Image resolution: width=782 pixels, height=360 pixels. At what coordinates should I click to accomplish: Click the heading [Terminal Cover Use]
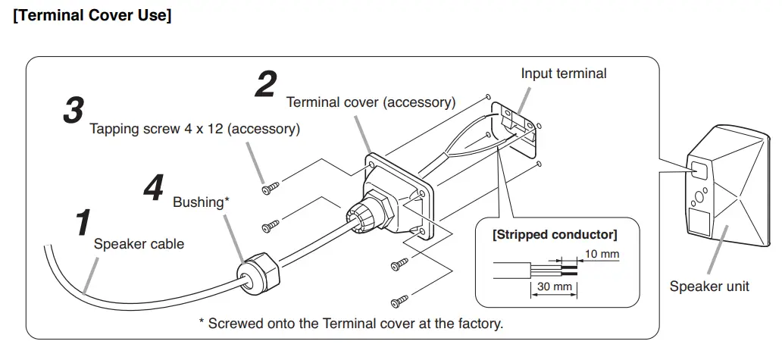(x=92, y=16)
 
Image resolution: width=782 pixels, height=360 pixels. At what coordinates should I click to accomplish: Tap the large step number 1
(x=83, y=223)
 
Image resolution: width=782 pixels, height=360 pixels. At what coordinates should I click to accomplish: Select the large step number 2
(x=265, y=84)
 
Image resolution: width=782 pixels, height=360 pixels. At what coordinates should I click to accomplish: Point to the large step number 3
(x=73, y=111)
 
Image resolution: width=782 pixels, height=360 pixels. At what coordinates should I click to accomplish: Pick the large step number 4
(x=153, y=188)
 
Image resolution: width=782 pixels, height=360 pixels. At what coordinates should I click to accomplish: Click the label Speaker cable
(x=139, y=244)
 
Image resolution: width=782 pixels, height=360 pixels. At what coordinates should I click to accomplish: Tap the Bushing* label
(x=201, y=202)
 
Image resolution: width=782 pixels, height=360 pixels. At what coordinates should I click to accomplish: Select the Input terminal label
(x=564, y=74)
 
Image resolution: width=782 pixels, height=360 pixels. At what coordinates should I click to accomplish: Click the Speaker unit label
(x=709, y=286)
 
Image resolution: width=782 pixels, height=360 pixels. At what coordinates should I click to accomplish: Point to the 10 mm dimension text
(x=603, y=254)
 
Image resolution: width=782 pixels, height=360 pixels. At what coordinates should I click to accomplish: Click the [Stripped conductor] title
(x=555, y=234)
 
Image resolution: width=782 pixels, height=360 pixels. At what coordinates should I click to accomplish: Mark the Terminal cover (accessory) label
(x=371, y=102)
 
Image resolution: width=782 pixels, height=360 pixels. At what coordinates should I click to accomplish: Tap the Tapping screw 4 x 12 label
(x=195, y=129)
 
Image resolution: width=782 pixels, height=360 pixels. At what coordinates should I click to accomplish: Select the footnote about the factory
(x=351, y=324)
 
